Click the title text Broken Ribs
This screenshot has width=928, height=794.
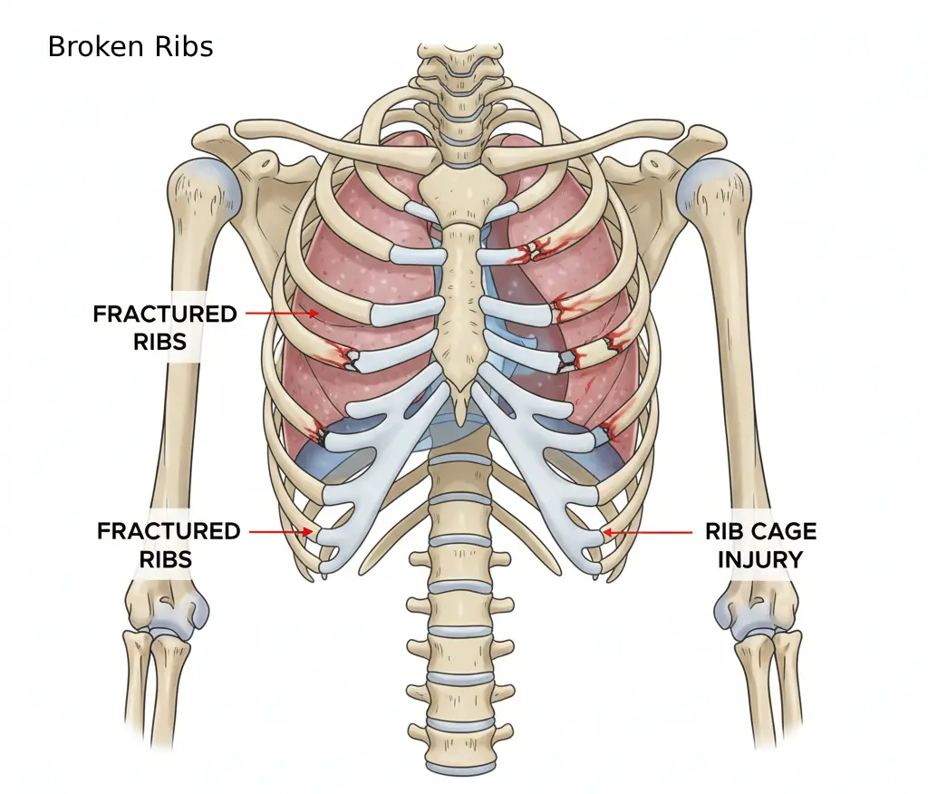[x=130, y=47]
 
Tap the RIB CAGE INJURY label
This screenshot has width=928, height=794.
[x=760, y=546]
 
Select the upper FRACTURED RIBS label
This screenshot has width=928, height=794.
[x=165, y=327]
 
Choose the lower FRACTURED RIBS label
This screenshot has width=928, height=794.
[x=169, y=545]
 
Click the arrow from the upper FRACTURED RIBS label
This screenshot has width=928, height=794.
[x=282, y=314]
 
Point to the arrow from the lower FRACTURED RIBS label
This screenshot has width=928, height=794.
[x=281, y=532]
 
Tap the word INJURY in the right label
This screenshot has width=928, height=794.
[x=760, y=559]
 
